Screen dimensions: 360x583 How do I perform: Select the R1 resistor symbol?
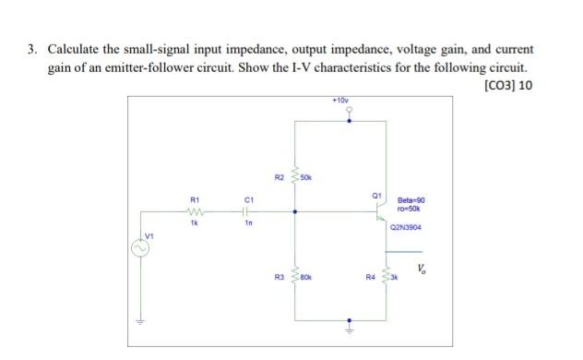coord(194,210)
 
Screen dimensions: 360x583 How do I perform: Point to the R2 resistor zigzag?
coord(294,175)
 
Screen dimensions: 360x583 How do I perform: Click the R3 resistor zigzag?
coord(294,276)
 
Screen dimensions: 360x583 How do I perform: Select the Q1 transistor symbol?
coord(379,210)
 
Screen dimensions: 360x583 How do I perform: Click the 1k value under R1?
coord(194,222)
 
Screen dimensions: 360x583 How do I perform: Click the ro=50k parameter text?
coord(410,208)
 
